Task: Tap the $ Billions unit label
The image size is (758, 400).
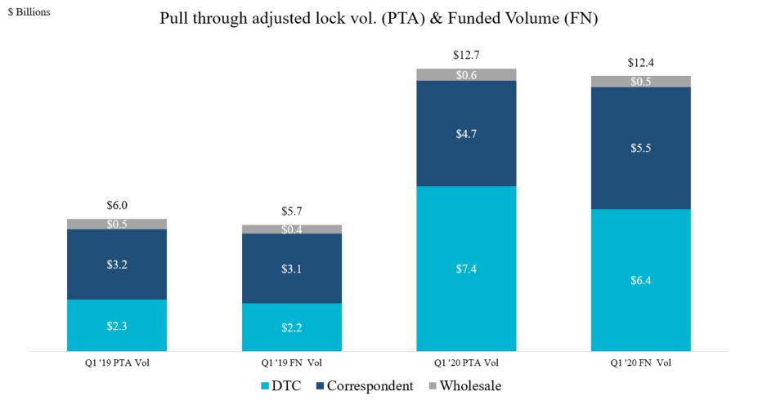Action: click(x=29, y=12)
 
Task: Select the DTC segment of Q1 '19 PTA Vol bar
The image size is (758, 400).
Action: click(x=117, y=326)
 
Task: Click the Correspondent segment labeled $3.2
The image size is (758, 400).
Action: click(x=117, y=264)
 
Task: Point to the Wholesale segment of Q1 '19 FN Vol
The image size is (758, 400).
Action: click(x=292, y=229)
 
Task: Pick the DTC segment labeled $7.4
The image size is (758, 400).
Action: click(x=466, y=269)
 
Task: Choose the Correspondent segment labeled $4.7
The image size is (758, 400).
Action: click(x=466, y=133)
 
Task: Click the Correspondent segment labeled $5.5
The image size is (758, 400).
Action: click(x=641, y=148)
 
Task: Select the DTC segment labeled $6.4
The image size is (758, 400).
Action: click(x=641, y=280)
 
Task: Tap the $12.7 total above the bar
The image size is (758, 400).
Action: click(x=466, y=56)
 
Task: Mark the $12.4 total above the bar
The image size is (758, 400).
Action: click(x=641, y=62)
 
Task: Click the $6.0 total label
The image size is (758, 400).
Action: click(x=117, y=206)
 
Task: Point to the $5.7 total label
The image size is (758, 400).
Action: click(x=292, y=211)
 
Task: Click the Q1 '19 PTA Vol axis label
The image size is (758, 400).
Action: click(x=117, y=362)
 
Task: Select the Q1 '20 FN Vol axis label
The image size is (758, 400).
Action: click(x=641, y=362)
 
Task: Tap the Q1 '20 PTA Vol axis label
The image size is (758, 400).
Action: click(x=466, y=362)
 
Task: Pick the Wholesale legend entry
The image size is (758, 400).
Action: click(x=464, y=385)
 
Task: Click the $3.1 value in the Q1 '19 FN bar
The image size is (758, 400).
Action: click(x=292, y=269)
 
